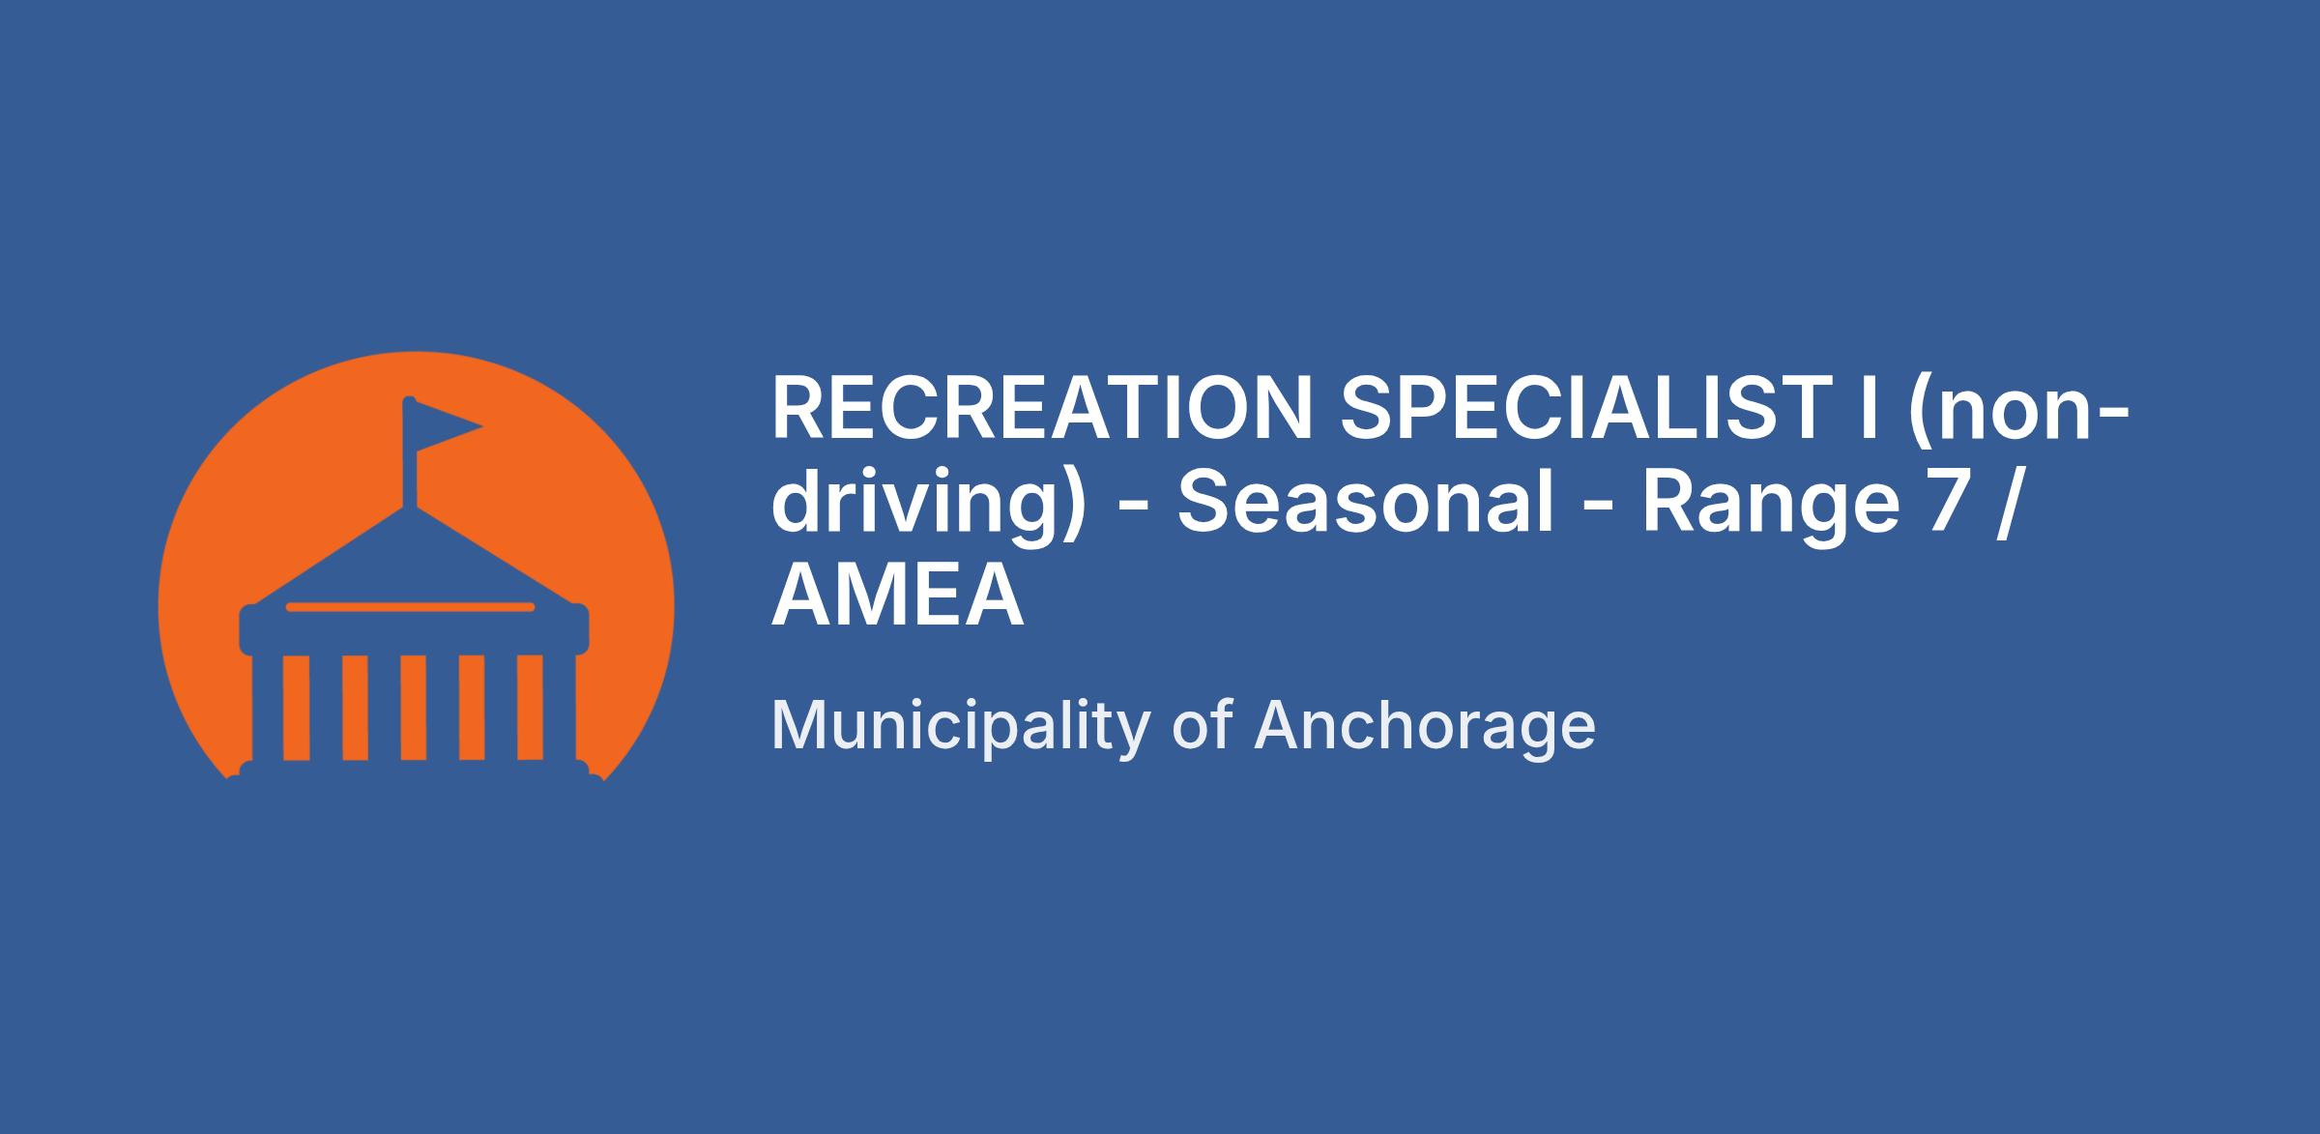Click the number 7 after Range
click(1953, 503)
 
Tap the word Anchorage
click(1425, 727)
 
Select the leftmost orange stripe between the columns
click(296, 709)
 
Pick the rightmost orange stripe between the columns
click(531, 709)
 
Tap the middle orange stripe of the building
click(414, 709)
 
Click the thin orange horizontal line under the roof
click(410, 607)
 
